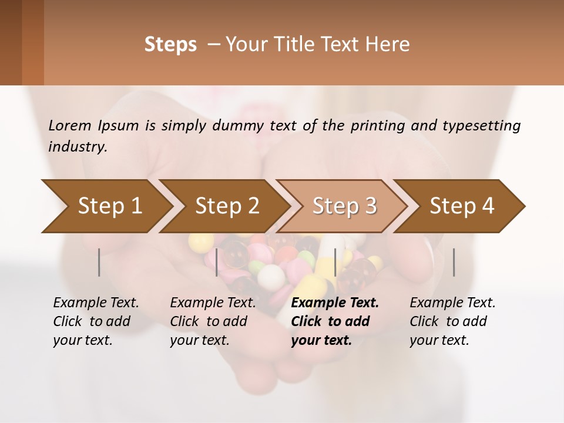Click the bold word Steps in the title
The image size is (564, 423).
pyautogui.click(x=170, y=45)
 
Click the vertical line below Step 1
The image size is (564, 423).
pyautogui.click(x=99, y=262)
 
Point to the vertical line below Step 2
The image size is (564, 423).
pyautogui.click(x=217, y=262)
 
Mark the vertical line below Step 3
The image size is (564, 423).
pyautogui.click(x=335, y=262)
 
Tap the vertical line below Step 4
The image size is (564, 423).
pyautogui.click(x=454, y=262)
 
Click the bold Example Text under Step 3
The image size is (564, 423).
pyautogui.click(x=335, y=321)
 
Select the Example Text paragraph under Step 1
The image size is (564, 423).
pyautogui.click(x=96, y=321)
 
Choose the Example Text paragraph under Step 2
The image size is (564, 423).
pyautogui.click(x=213, y=321)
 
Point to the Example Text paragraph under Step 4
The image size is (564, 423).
pyautogui.click(x=452, y=321)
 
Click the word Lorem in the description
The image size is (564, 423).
pyautogui.click(x=70, y=125)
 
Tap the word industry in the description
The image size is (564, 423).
pyautogui.click(x=77, y=146)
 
